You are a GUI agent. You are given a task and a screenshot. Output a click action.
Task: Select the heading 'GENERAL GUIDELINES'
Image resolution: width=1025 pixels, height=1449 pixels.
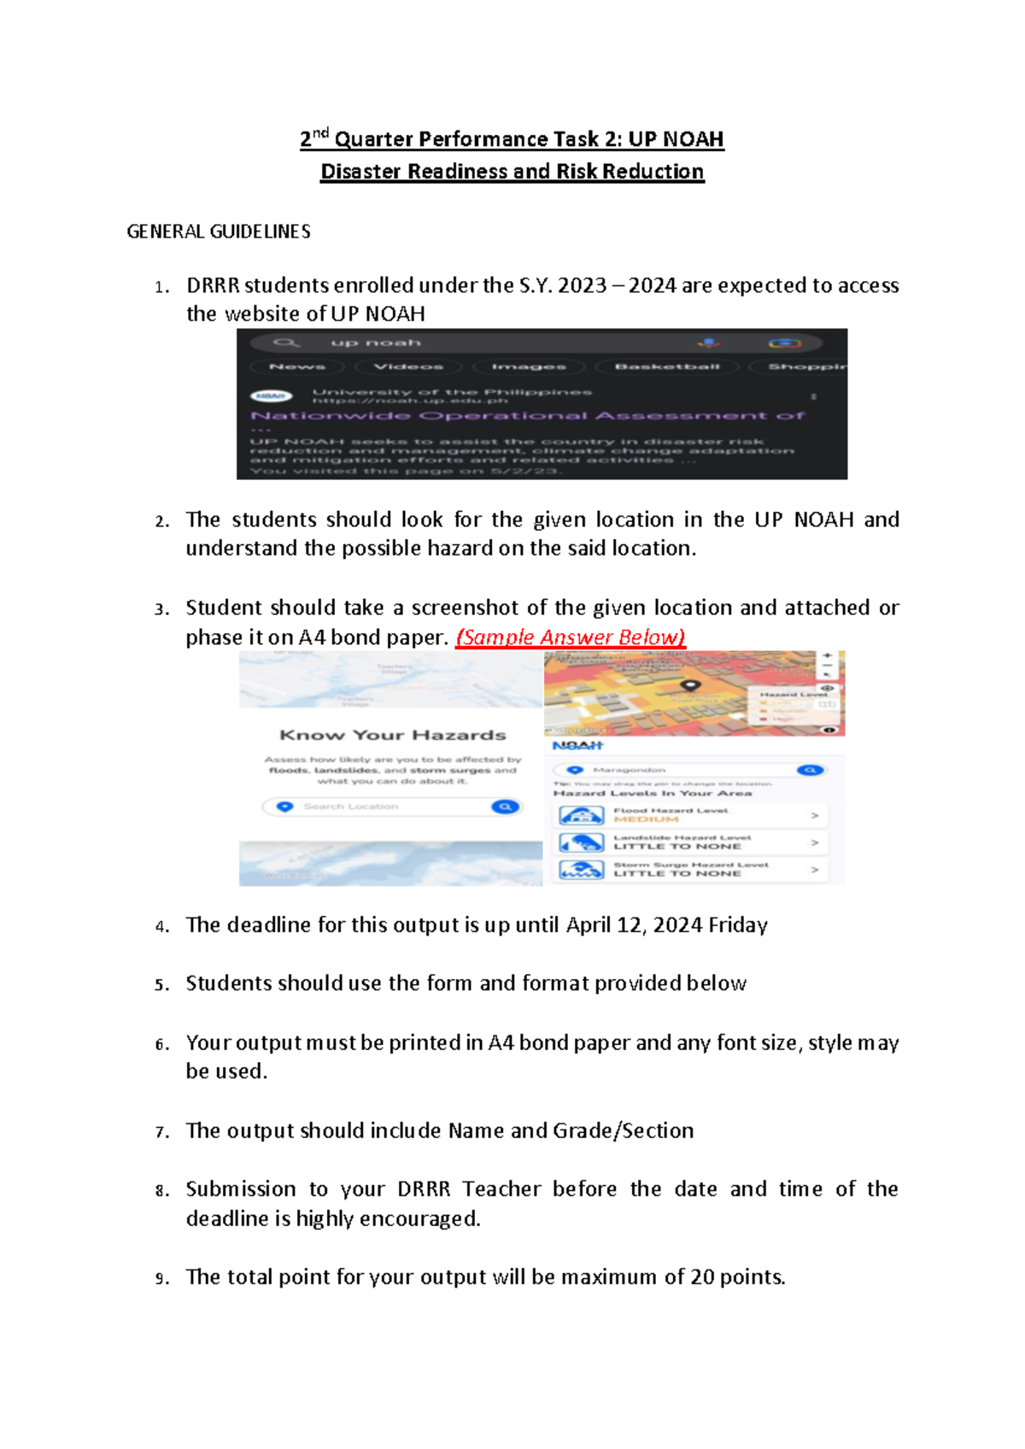click(x=218, y=232)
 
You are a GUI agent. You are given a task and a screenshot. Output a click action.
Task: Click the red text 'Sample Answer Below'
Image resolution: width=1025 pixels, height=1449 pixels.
click(x=570, y=637)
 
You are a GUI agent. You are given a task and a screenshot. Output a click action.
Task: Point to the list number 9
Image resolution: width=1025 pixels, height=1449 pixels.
click(x=161, y=1279)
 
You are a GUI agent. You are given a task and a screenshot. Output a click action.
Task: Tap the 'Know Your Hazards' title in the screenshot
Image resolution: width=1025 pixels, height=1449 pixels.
click(x=392, y=735)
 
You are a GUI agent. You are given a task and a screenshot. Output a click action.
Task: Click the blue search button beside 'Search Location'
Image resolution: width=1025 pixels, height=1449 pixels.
click(x=506, y=807)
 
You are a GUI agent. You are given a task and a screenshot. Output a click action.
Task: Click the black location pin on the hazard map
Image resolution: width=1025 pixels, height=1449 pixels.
click(x=690, y=685)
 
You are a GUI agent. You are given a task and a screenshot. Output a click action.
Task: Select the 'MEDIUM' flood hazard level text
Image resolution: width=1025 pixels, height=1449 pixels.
click(x=646, y=819)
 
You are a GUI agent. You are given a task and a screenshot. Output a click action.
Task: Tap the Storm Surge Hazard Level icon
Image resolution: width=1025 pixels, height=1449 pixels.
click(x=581, y=870)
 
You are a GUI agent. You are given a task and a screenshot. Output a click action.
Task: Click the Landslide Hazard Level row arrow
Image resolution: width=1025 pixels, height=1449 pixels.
click(x=814, y=842)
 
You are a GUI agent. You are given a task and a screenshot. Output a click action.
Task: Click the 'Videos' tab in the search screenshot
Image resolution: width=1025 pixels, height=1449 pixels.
click(x=408, y=367)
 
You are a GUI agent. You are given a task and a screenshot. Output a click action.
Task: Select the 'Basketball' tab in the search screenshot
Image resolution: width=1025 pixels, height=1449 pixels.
click(x=667, y=367)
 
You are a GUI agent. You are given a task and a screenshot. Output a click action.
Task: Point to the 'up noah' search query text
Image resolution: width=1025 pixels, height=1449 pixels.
click(x=376, y=343)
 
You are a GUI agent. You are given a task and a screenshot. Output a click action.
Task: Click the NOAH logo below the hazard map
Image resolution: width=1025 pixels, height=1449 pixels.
click(x=577, y=746)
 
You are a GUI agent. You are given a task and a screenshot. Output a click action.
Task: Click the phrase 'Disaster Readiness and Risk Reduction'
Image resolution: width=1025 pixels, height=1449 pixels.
click(x=512, y=172)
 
